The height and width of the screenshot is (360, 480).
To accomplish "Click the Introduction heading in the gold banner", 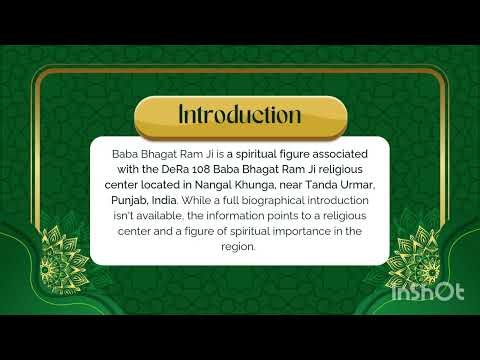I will pyautogui.click(x=239, y=115).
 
